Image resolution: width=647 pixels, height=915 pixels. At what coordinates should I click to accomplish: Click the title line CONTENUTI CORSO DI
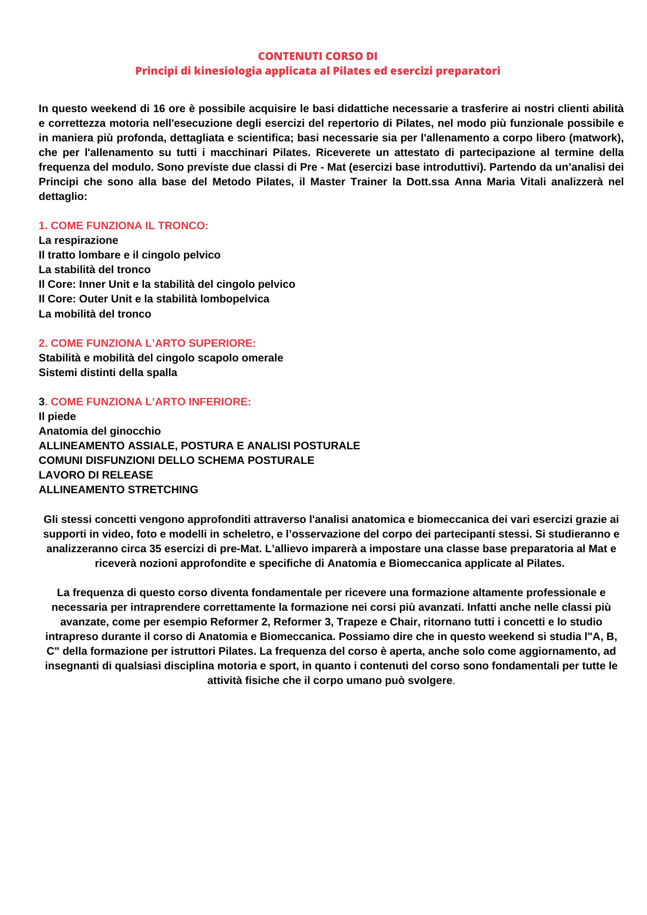318,56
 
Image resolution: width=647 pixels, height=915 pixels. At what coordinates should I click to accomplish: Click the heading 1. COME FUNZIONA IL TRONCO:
124,226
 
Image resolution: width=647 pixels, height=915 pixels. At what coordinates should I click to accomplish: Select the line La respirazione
78,240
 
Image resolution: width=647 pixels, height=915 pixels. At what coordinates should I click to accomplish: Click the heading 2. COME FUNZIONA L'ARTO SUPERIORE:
147,343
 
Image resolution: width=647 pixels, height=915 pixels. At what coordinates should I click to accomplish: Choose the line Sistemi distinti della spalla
108,372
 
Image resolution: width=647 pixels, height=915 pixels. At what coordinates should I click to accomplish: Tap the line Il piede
57,416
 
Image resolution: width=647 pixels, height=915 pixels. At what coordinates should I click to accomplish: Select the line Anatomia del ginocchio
100,431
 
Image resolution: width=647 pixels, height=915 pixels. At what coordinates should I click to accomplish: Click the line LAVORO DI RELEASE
96,475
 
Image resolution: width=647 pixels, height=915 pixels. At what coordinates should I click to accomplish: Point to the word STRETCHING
163,490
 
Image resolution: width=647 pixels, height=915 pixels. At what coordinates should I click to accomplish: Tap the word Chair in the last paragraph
403,622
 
